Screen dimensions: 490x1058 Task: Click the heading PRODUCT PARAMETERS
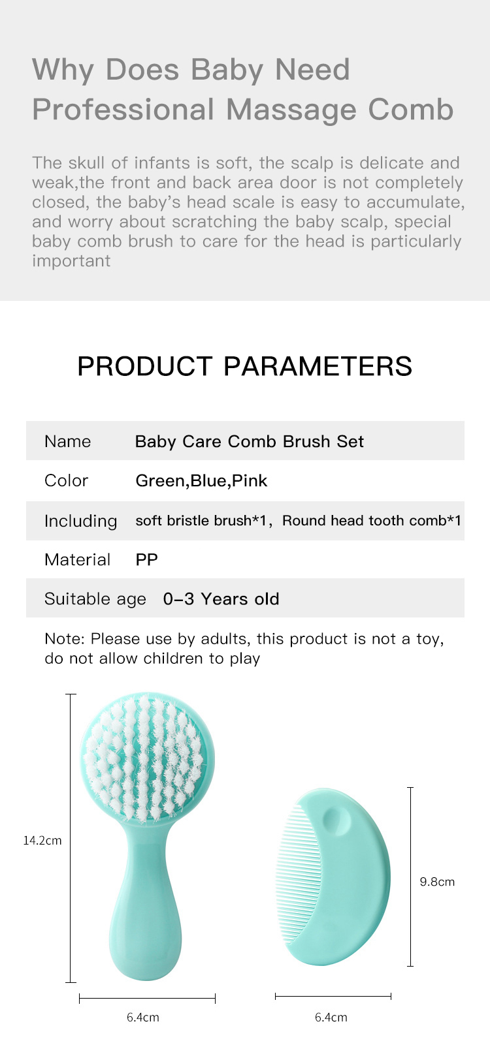244,366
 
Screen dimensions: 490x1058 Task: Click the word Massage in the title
291,111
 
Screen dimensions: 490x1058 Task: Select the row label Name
68,441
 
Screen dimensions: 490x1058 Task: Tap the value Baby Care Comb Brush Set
250,441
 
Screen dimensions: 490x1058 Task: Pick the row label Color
66,480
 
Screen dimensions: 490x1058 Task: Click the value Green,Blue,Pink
201,481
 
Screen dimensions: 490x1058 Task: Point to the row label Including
80,521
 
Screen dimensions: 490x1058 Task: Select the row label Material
78,560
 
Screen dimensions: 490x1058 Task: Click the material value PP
146,560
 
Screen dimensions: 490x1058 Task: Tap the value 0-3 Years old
221,599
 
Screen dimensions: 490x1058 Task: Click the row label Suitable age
95,599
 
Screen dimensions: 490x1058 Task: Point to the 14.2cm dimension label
42,840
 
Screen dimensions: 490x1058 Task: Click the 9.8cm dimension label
437,882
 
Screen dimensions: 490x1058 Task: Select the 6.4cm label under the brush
143,1018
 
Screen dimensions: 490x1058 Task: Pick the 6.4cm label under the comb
331,1018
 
